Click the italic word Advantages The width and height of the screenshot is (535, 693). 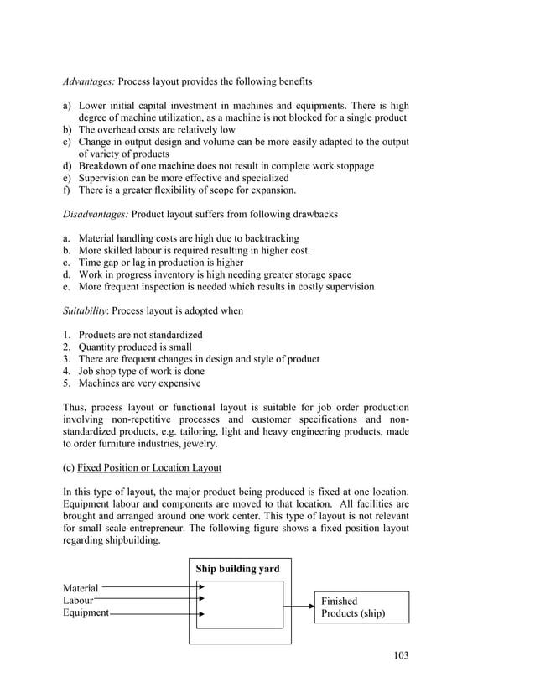(x=89, y=81)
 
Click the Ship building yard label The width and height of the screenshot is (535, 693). (x=238, y=569)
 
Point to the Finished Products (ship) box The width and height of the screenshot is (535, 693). (x=361, y=607)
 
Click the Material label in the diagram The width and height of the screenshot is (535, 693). (x=81, y=589)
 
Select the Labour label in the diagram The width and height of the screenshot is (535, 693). (x=78, y=601)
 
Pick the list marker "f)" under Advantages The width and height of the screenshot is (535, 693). (x=67, y=190)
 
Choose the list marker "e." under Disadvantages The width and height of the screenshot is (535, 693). (x=67, y=286)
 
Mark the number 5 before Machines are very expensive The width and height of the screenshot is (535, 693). (x=66, y=383)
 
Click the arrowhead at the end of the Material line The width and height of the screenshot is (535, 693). (x=201, y=587)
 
